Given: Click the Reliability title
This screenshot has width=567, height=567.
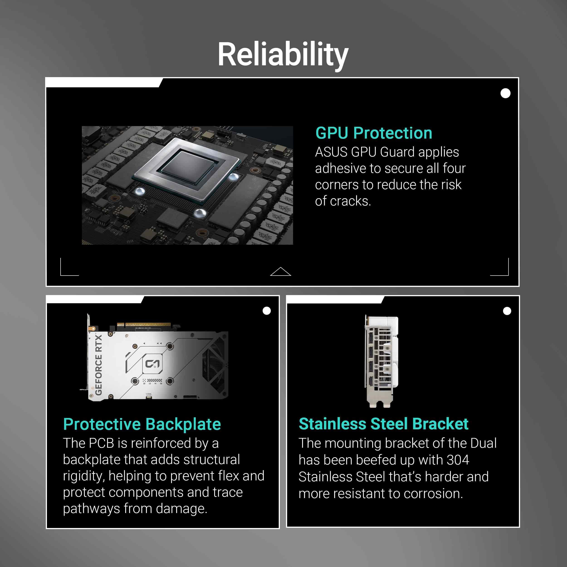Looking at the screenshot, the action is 283,55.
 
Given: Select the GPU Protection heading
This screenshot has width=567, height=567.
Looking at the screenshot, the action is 374,133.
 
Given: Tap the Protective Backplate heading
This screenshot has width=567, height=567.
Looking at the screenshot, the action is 142,424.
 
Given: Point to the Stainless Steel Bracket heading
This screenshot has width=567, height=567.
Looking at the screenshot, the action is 384,424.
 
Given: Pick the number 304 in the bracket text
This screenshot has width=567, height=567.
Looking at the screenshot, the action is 458,460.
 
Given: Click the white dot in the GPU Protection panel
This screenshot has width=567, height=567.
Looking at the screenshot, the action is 505,93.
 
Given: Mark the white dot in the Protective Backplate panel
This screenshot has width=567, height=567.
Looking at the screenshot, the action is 266,311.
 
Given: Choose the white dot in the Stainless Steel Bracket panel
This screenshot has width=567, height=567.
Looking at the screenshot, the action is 507,311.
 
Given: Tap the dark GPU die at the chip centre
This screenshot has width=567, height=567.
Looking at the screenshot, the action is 188,166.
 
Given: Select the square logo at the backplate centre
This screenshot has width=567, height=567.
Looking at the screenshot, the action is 152,364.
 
